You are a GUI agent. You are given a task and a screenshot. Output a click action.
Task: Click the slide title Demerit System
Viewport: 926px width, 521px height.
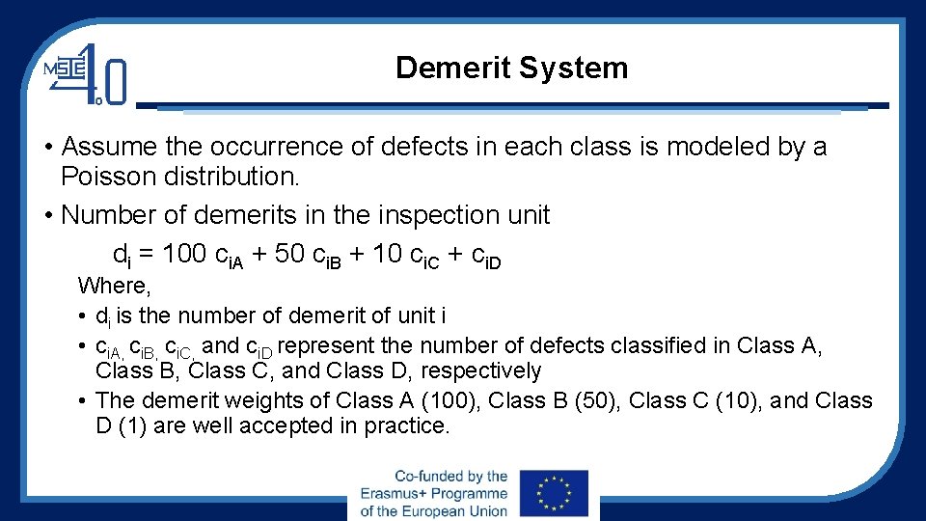511,69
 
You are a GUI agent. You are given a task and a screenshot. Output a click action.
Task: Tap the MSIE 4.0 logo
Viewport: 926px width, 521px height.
86,73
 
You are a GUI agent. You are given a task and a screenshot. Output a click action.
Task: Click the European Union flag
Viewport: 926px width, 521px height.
553,495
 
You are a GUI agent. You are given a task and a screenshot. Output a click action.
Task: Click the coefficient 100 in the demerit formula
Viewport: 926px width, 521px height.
184,254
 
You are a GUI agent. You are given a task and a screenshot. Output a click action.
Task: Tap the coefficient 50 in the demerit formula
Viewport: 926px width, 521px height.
291,254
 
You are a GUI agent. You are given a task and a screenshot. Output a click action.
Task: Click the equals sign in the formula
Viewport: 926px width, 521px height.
146,255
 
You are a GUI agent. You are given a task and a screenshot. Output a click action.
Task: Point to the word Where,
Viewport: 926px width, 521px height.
114,286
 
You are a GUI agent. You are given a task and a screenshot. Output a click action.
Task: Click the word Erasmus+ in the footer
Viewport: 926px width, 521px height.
396,494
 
